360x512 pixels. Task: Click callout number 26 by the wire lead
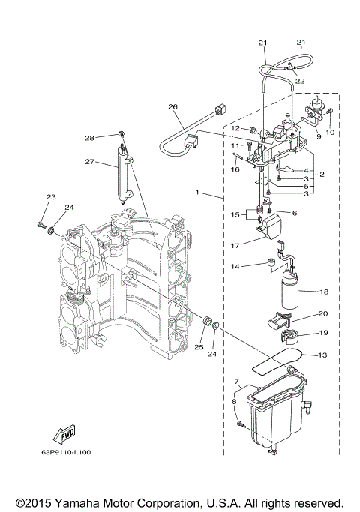[172, 107]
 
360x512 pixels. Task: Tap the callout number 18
[324, 292]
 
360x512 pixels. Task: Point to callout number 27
[88, 161]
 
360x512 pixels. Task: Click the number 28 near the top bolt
[89, 138]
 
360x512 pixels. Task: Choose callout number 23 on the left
[51, 197]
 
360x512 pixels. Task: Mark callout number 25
[198, 347]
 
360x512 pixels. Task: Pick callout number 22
[299, 80]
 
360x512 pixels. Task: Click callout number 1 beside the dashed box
[199, 193]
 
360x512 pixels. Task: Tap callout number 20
[324, 313]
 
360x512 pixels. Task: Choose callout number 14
[235, 266]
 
